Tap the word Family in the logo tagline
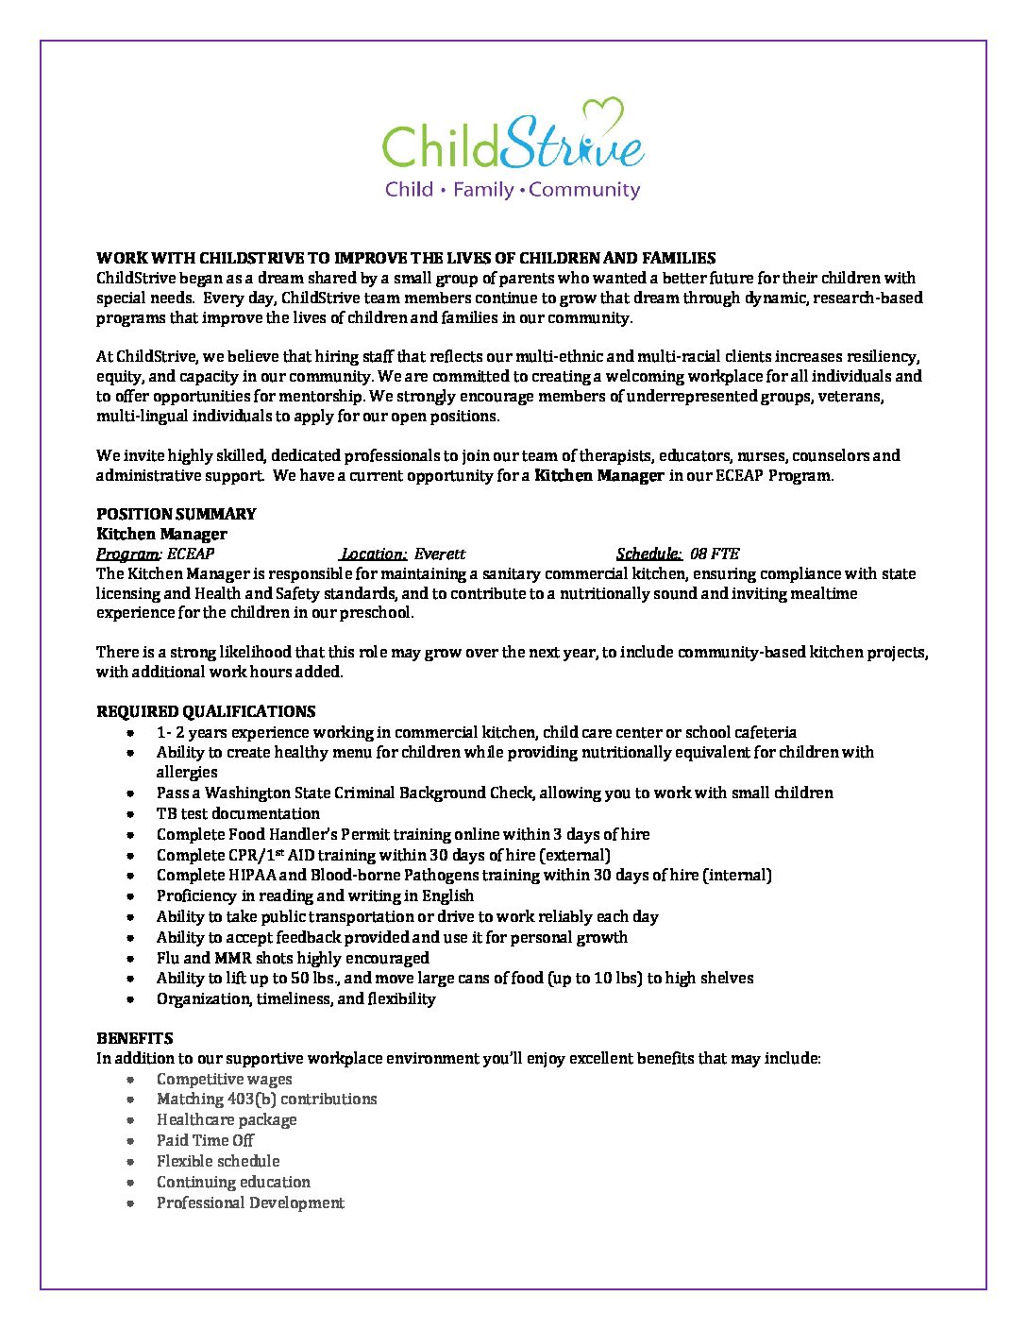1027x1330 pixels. point(483,190)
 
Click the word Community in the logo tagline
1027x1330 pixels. point(584,190)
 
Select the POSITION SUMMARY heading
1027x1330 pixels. point(176,514)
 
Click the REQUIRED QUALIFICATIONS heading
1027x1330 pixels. point(206,711)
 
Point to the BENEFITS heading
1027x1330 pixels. point(134,1038)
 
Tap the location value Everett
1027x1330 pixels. point(440,554)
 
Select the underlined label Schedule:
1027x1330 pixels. point(648,554)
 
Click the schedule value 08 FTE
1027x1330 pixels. point(715,554)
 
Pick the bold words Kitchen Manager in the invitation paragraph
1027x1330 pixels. point(598,475)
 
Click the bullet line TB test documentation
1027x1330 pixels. point(238,813)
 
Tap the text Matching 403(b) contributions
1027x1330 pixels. point(266,1099)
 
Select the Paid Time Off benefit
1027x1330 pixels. point(205,1140)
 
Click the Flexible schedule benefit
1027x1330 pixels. point(218,1161)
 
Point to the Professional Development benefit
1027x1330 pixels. point(250,1202)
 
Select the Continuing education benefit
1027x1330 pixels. point(233,1182)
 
